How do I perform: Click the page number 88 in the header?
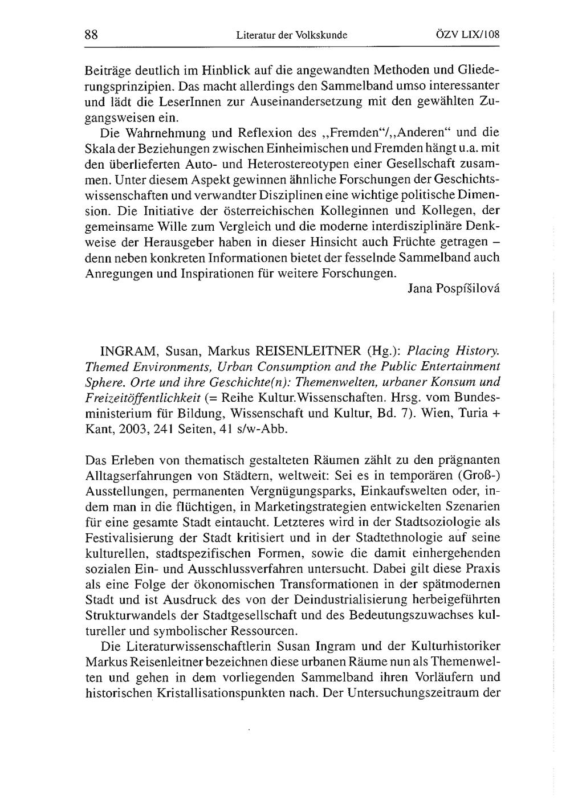92,34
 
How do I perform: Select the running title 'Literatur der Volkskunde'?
291,35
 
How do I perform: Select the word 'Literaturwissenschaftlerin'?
188,647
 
